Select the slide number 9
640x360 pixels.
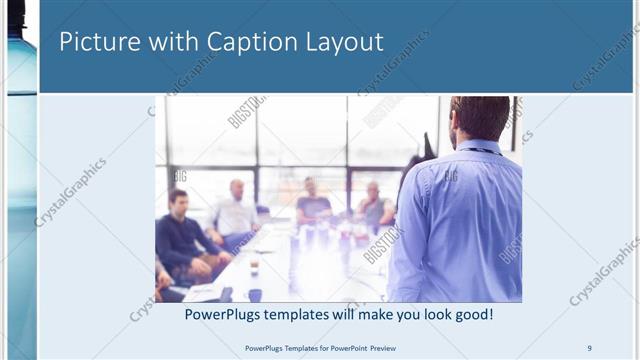589,347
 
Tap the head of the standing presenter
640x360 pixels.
479,117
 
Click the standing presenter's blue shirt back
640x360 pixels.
460,220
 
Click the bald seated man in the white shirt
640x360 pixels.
236,210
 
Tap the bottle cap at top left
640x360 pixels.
16,14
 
